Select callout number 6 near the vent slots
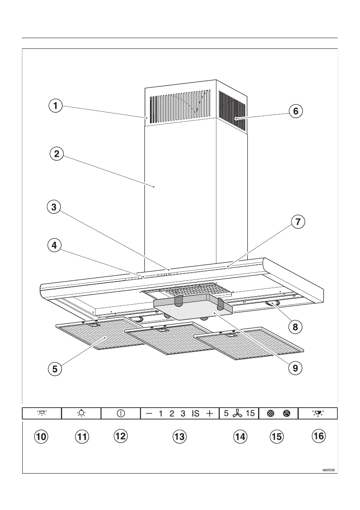pos(295,111)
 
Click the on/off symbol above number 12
pos(121,414)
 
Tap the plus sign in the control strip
pos(209,414)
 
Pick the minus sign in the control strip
pos(149,414)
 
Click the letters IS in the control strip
pos(195,414)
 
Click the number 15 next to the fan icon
pos(250,414)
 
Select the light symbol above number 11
pos(81,414)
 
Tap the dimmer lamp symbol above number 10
pos(42,414)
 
